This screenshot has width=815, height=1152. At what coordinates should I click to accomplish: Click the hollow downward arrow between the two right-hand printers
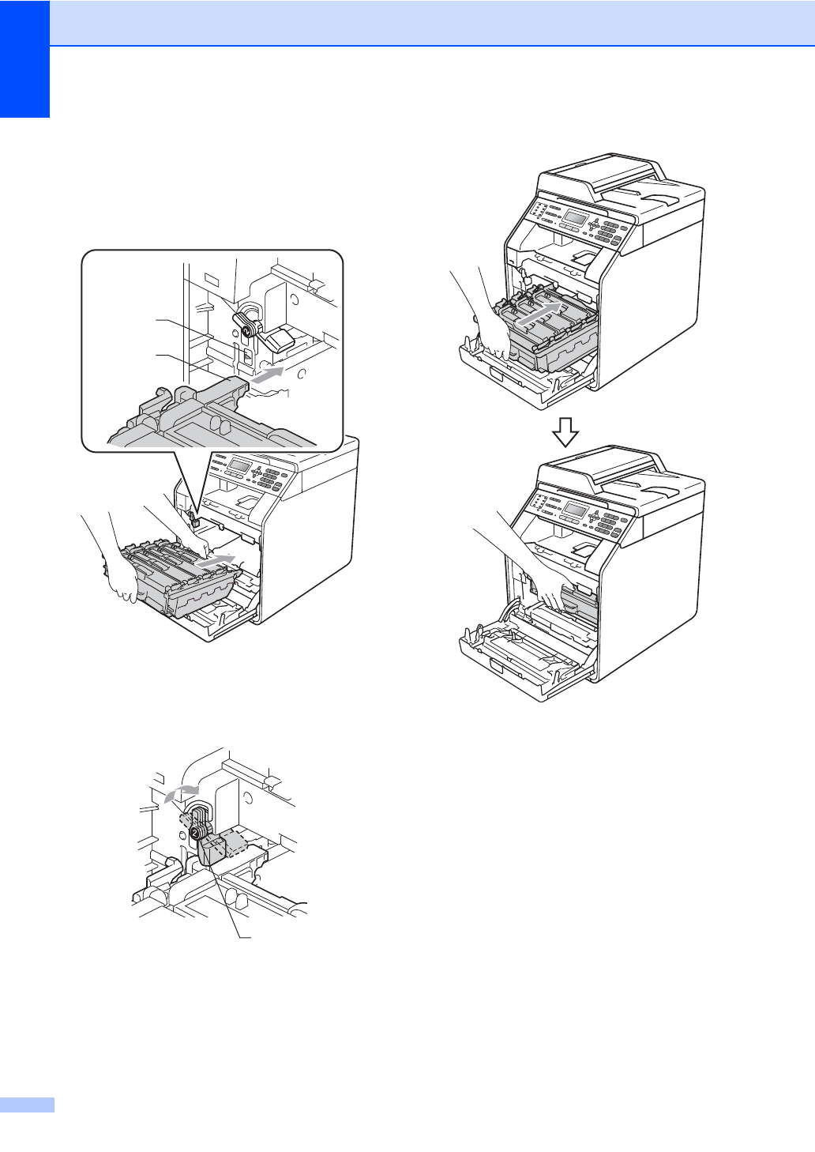click(x=565, y=432)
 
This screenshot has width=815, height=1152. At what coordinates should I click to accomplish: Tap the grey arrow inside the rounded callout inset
click(x=270, y=375)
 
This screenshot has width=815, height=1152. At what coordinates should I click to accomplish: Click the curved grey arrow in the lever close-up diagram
click(x=181, y=792)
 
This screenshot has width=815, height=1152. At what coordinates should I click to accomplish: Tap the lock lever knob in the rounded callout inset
click(x=246, y=323)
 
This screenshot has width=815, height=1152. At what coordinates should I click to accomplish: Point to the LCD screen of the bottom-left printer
click(x=238, y=465)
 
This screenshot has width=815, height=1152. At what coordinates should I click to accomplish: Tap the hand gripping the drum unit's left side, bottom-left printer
click(x=122, y=581)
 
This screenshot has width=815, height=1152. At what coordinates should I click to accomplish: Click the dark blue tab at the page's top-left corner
click(x=24, y=58)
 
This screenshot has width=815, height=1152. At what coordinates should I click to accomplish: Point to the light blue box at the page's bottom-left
click(x=27, y=1105)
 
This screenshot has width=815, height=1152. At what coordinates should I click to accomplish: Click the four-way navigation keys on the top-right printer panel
click(x=594, y=224)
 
